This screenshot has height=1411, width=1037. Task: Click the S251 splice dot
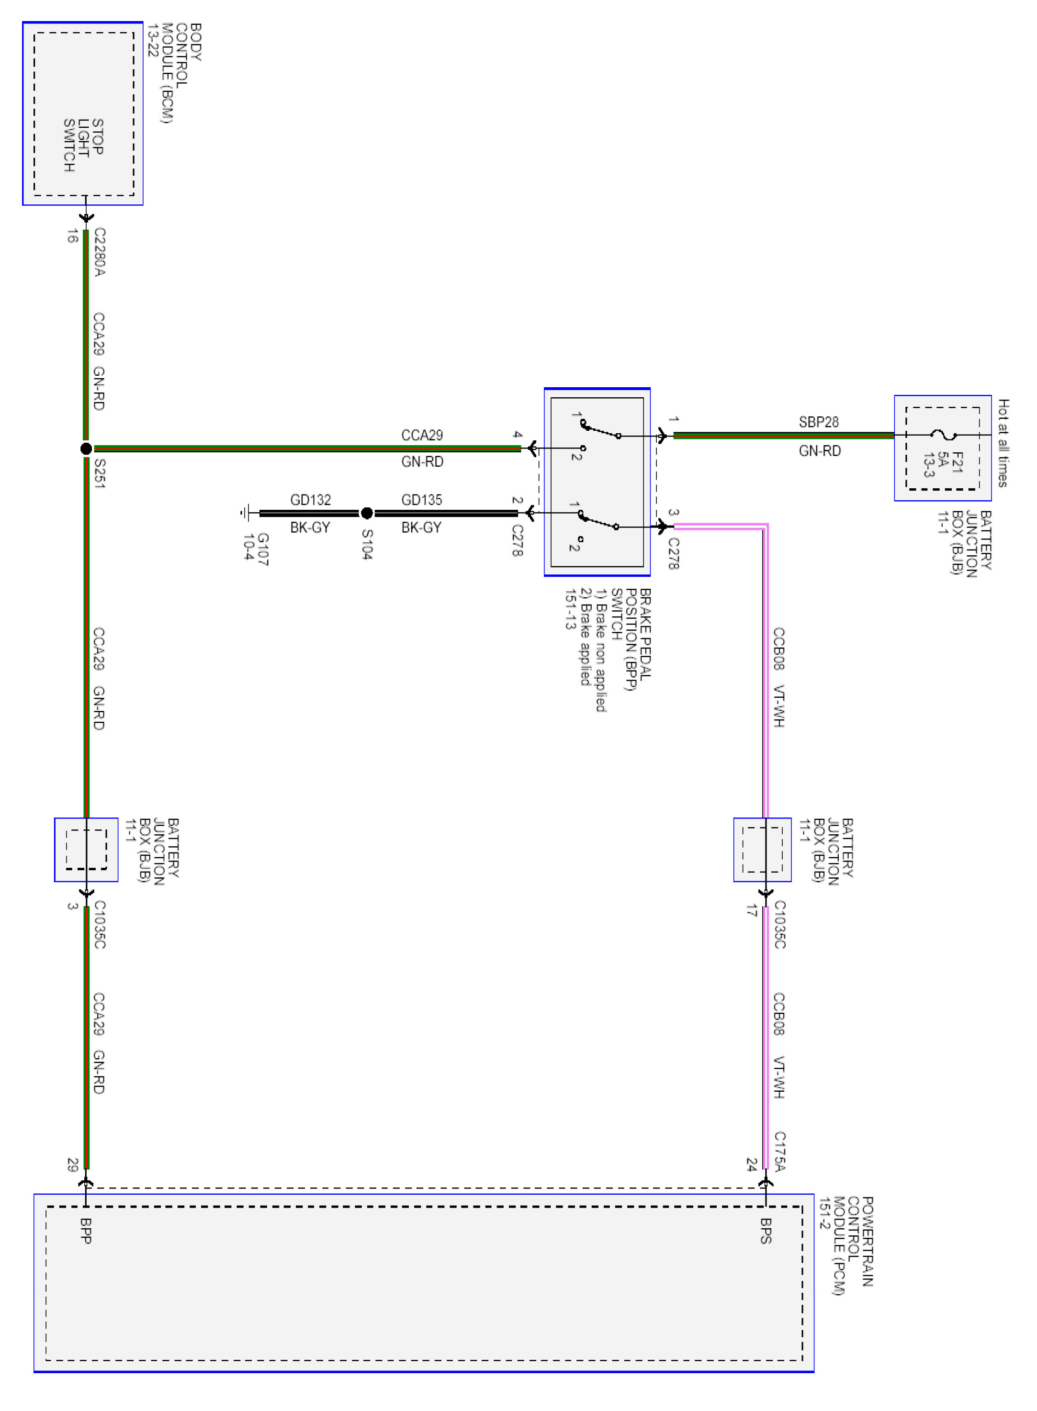(86, 448)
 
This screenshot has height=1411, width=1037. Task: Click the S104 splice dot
(367, 513)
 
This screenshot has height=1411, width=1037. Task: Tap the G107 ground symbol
(247, 513)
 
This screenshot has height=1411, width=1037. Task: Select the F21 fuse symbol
(943, 434)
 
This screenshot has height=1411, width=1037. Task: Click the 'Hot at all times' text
(1003, 443)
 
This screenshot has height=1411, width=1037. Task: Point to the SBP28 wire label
(819, 422)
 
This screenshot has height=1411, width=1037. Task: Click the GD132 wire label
(310, 500)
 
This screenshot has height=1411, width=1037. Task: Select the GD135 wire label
(421, 500)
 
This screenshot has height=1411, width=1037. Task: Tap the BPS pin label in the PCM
(766, 1230)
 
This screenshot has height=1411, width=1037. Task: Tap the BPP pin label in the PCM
(86, 1230)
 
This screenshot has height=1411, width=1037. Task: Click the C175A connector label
(779, 1151)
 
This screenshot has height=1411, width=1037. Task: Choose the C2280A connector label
(99, 252)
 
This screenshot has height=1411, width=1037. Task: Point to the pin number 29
(72, 1165)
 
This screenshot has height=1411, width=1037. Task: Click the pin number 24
(751, 1165)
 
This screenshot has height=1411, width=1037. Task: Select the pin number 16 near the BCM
(72, 236)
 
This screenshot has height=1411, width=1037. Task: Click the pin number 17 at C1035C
(751, 910)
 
